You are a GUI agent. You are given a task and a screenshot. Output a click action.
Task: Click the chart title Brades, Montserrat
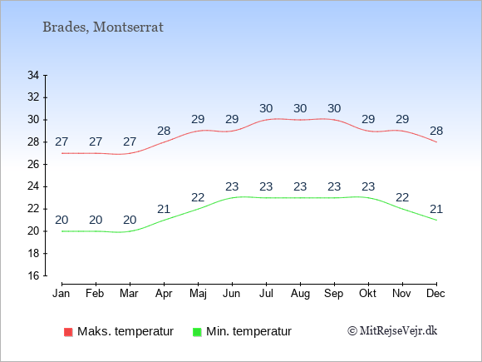pos(103,27)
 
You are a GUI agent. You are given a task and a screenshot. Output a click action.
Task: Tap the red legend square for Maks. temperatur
pos(68,332)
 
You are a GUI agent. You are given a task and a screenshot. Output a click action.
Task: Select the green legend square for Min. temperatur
pos(197,332)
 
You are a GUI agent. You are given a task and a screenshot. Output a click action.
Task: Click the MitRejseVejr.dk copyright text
pos(392,331)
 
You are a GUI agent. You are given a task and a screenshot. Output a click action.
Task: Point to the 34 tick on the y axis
pos(33,75)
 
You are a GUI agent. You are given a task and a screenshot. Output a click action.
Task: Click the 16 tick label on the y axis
pos(33,275)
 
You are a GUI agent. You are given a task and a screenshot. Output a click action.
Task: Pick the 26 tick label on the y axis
pos(33,164)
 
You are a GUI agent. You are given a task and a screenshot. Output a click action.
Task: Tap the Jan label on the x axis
pos(61,294)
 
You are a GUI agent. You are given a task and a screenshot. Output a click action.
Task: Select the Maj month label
pos(198,294)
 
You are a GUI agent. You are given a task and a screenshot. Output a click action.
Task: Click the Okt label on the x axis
pos(368,294)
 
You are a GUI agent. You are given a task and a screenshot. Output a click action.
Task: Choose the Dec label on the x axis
pos(436,294)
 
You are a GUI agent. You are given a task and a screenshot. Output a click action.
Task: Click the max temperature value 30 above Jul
pos(266,108)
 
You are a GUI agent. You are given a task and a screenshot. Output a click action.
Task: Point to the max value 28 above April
pos(164,131)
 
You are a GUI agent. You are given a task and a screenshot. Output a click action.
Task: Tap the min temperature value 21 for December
pos(436,209)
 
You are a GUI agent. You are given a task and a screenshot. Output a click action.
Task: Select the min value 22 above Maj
pos(198,197)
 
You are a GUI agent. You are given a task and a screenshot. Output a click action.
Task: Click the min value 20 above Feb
pos(96,220)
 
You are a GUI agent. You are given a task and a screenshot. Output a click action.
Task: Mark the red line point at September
pos(334,120)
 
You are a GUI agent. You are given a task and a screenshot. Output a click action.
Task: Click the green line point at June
pos(232,198)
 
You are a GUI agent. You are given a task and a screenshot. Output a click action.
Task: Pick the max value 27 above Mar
pos(130,141)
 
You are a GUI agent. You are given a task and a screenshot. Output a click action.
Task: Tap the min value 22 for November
pos(402,197)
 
